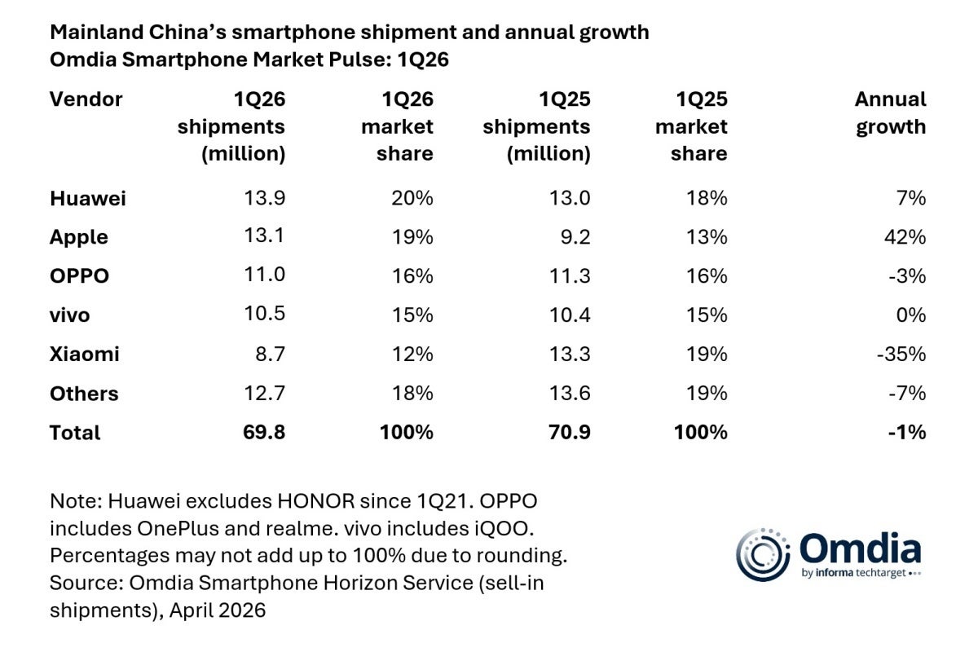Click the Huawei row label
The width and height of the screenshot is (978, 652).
(87, 198)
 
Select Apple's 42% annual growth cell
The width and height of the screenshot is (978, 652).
(906, 237)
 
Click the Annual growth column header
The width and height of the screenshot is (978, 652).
(890, 113)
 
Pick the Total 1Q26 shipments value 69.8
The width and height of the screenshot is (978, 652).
(262, 432)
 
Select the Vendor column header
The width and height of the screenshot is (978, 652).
(86, 99)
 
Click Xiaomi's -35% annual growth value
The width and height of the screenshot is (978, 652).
(901, 354)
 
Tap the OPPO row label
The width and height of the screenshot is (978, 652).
(79, 276)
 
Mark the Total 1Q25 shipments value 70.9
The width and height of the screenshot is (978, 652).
(567, 432)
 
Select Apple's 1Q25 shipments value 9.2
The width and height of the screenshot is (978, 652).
(573, 237)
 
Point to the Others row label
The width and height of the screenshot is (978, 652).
(84, 394)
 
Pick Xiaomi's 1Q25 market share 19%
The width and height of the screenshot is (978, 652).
(707, 354)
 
